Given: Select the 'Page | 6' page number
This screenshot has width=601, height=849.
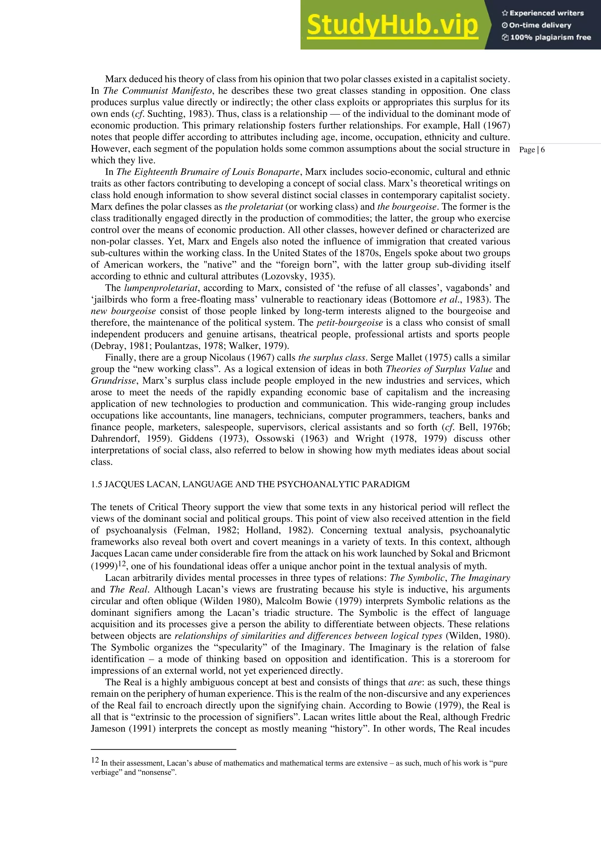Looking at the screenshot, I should [x=532, y=150].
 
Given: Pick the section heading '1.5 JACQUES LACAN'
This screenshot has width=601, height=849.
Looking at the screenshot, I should [x=250, y=484].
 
